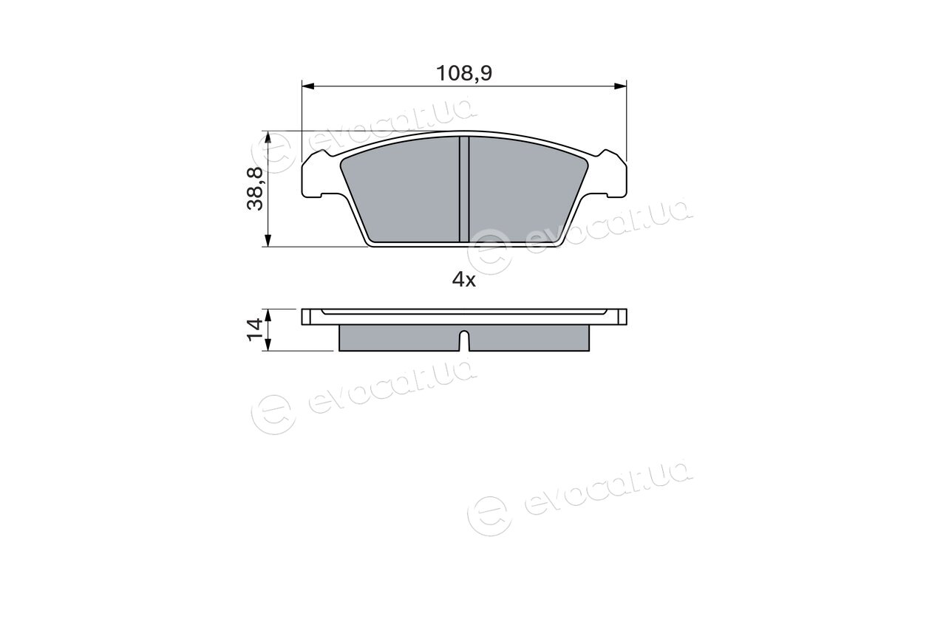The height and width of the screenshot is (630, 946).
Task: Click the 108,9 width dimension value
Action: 463,73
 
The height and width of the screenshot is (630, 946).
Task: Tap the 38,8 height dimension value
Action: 255,188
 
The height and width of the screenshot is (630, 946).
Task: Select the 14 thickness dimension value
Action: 255,330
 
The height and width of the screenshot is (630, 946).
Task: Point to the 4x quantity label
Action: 463,279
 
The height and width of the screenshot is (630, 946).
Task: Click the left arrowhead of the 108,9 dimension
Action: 308,86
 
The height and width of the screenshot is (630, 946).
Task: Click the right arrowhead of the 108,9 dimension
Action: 620,86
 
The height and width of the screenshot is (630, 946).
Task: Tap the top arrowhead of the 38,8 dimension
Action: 268,137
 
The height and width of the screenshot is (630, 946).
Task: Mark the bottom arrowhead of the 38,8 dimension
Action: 268,241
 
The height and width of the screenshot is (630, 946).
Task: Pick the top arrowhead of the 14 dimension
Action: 268,315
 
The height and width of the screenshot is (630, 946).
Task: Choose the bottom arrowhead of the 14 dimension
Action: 268,344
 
